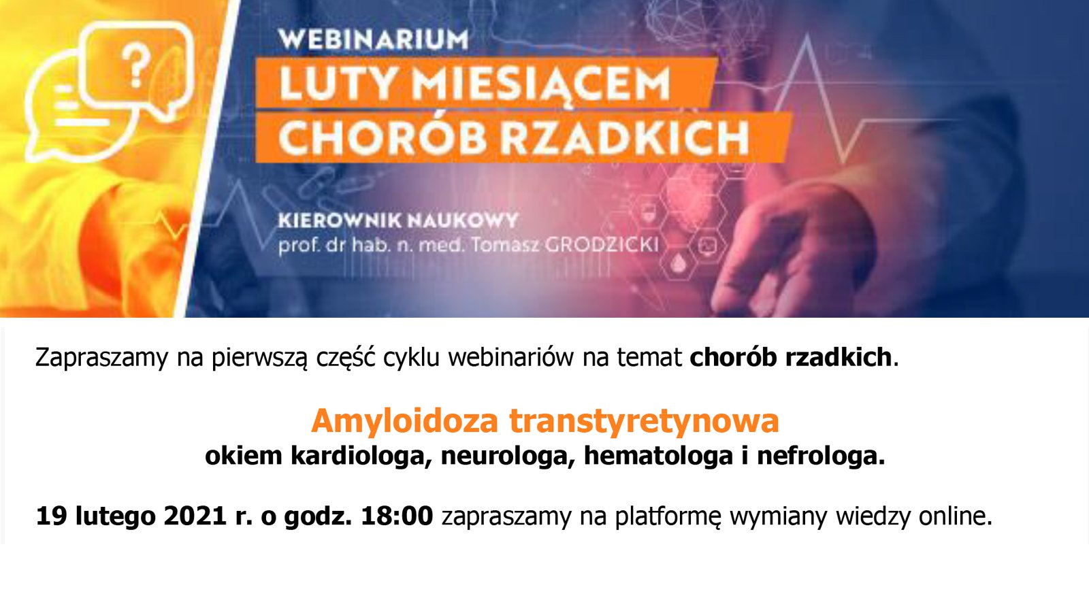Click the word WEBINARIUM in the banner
tap(373, 39)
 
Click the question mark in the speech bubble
tap(138, 66)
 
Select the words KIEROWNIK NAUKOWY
tap(398, 220)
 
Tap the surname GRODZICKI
tap(602, 244)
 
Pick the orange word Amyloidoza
tap(405, 421)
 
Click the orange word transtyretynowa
tap(644, 421)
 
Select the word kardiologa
tap(362, 456)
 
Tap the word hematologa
tap(658, 456)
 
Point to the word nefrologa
tap(821, 456)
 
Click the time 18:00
tap(397, 516)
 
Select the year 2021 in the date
tap(195, 516)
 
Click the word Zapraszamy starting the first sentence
tap(101, 357)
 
